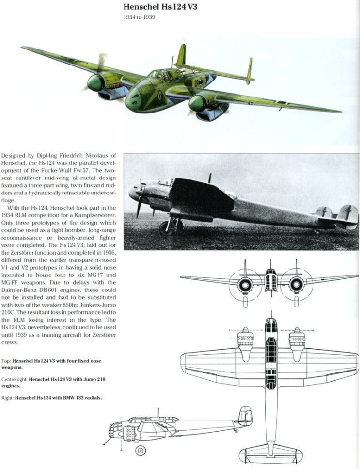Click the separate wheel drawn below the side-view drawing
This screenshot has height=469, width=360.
(x=141, y=450)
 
